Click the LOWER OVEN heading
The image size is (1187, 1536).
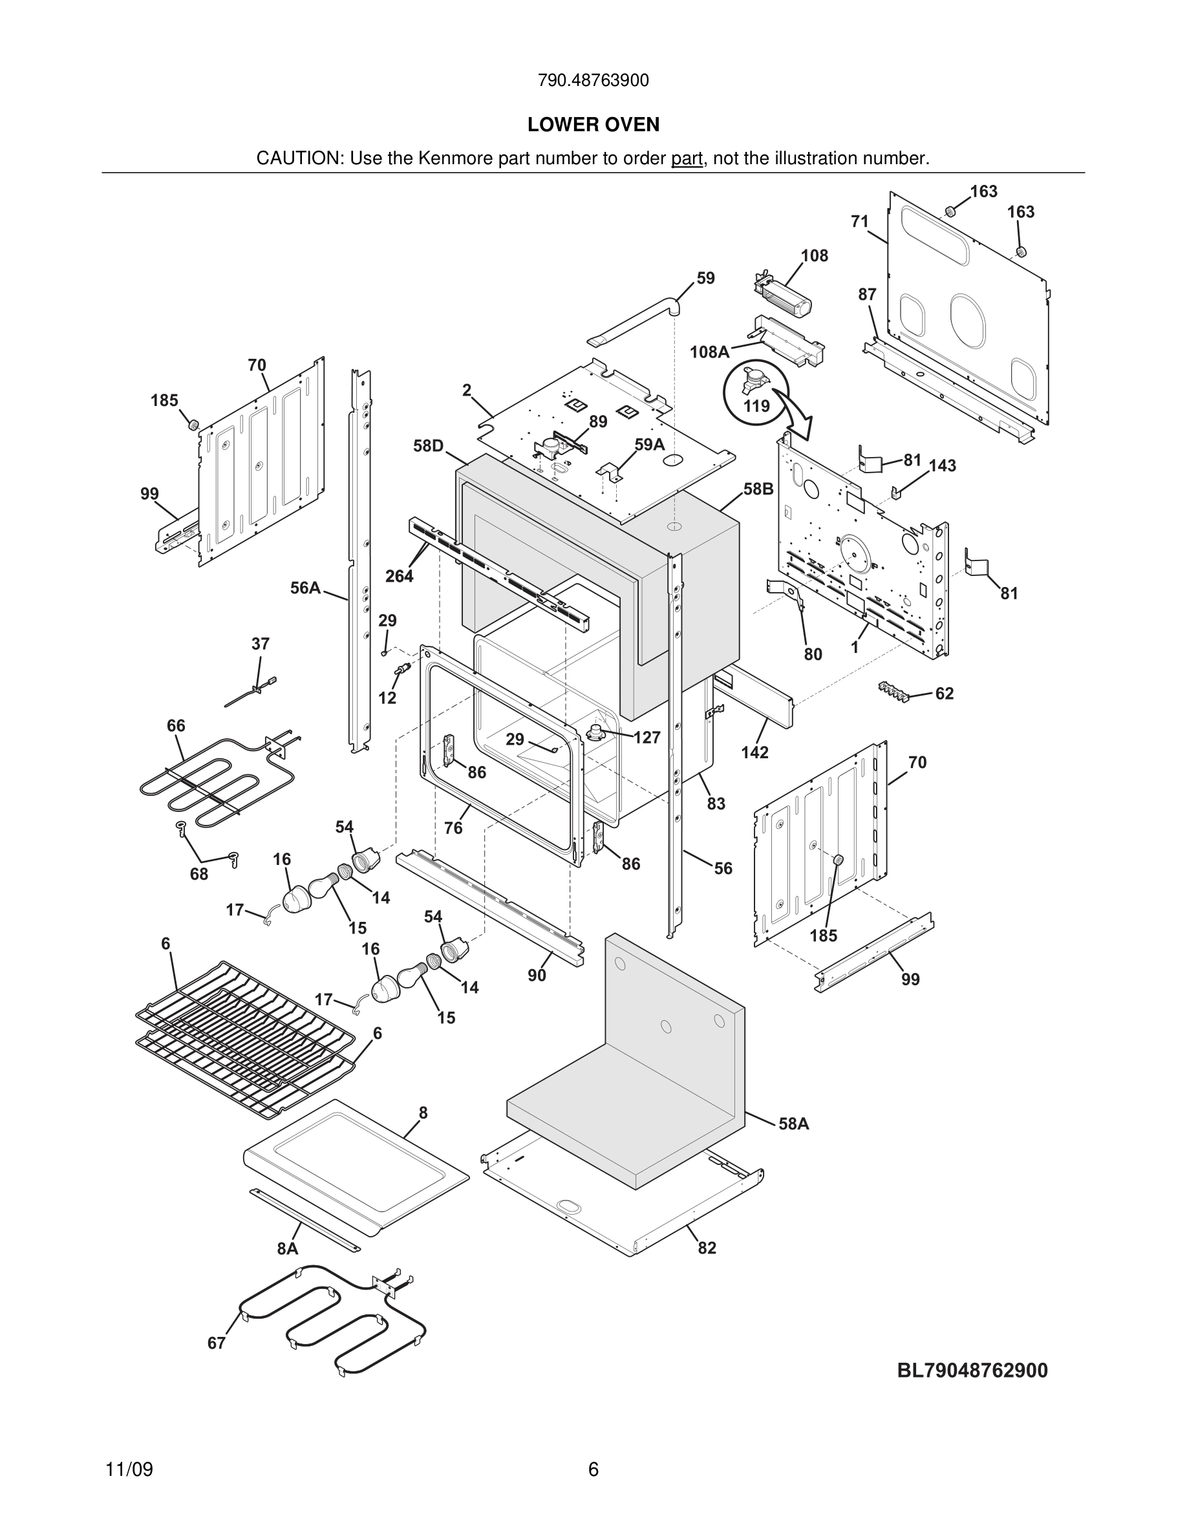point(593,125)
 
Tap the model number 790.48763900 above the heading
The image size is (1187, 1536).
point(593,81)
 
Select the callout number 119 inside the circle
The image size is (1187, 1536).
point(756,406)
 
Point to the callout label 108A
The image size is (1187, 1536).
point(709,352)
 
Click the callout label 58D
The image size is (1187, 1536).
point(428,446)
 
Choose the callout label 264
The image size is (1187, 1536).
point(400,576)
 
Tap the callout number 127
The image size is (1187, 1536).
point(647,737)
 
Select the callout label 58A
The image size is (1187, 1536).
point(794,1124)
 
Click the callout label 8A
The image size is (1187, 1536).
point(288,1248)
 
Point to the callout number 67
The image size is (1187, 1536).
point(217,1343)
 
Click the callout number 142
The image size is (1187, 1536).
point(754,752)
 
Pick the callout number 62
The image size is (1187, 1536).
point(945,694)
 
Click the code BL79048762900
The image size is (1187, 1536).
point(972,1370)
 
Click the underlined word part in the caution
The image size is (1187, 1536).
point(687,159)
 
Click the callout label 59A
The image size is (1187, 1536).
point(649,445)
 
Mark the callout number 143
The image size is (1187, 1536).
point(942,465)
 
